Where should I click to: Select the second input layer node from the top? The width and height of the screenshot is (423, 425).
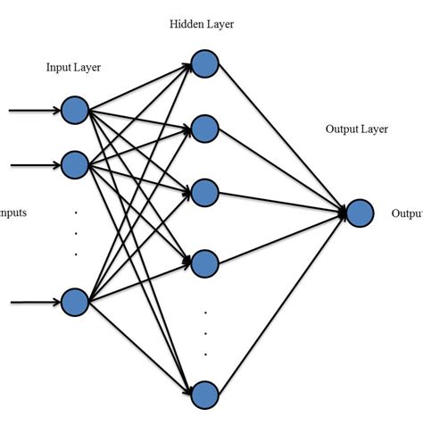[x=75, y=164]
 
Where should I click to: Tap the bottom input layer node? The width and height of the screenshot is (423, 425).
[x=75, y=302]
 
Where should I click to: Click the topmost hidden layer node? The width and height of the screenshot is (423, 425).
[x=205, y=63]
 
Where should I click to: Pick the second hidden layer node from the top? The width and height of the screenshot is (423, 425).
[x=205, y=128]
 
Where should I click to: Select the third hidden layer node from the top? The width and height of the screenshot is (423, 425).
[x=205, y=192]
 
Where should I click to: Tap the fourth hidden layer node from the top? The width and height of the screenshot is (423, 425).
[x=205, y=262]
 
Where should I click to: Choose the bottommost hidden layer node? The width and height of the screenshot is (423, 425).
[x=205, y=394]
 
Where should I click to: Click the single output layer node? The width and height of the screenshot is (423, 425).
[x=359, y=212]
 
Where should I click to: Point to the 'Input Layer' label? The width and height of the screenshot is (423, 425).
[x=76, y=68]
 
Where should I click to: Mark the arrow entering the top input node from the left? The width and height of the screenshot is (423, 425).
[x=34, y=112]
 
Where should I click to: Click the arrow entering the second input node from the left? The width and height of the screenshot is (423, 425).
[x=34, y=164]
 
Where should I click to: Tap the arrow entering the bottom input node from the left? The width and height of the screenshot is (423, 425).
[x=34, y=302]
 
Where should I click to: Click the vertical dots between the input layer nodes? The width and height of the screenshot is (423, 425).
[x=76, y=233]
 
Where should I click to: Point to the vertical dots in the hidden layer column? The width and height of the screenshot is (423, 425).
[x=205, y=332]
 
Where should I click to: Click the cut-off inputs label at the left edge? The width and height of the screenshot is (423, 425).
[x=13, y=213]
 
